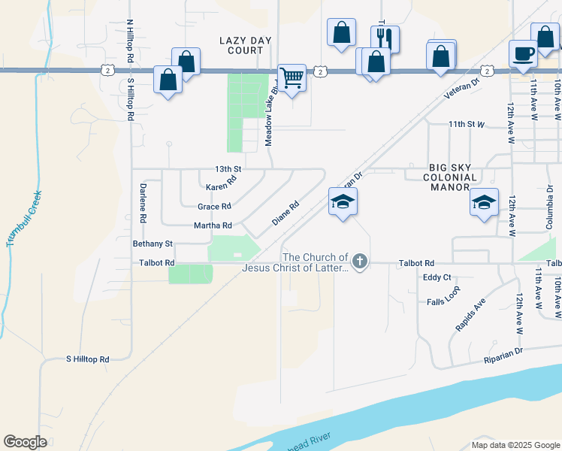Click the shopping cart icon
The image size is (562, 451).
coord(292,77)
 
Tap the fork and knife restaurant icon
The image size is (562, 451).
coord(385,38)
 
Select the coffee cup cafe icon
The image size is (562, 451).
coord(524,53)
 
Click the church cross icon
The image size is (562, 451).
coord(360,262)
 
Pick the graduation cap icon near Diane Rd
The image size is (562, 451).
coord(343,201)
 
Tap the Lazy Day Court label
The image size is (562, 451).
coord(241,45)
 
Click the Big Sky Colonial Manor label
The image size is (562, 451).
coord(452,177)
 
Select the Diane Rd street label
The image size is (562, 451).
coord(286,212)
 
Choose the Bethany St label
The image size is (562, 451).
coord(153,244)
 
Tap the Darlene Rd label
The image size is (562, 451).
coord(141,203)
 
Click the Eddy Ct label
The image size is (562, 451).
coord(436,277)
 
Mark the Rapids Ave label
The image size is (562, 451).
coord(470,315)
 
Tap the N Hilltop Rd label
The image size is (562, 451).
coord(130,41)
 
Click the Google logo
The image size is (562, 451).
coord(26,442)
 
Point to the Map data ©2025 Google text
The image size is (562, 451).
coord(515,445)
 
